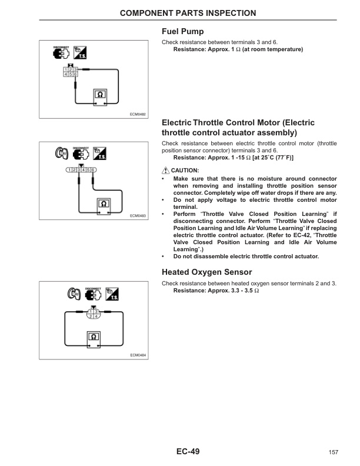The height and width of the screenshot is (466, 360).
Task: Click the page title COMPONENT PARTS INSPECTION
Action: pyautogui.click(x=179, y=13)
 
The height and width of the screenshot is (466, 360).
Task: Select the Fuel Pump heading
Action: pyautogui.click(x=182, y=32)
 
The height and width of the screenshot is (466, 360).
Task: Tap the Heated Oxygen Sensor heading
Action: pyautogui.click(x=206, y=272)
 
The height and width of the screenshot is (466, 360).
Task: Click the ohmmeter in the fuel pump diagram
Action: pyautogui.click(x=99, y=95)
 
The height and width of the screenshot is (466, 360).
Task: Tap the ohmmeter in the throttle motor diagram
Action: pyautogui.click(x=104, y=205)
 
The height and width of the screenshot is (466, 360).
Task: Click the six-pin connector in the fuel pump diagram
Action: pyautogui.click(x=71, y=72)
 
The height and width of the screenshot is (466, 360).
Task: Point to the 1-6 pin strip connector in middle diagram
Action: pyautogui.click(x=81, y=169)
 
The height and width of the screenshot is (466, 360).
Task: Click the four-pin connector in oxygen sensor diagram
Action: pyautogui.click(x=93, y=313)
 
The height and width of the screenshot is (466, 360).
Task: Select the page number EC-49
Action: pyautogui.click(x=188, y=452)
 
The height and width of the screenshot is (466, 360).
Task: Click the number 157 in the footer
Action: pyautogui.click(x=333, y=452)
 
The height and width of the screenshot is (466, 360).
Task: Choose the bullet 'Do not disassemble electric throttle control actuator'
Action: pyautogui.click(x=246, y=257)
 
